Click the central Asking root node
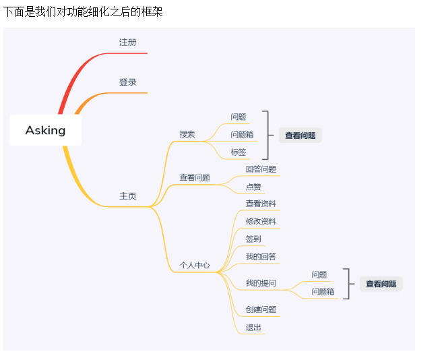coord(45,130)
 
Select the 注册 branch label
coord(127,42)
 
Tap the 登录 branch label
coord(127,82)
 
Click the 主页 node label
coord(127,196)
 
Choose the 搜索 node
coord(187,134)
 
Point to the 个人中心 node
coord(194,265)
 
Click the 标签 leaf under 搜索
coord(239,152)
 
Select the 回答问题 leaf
coord(261,169)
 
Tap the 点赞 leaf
coord(253,187)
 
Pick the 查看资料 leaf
coord(261,204)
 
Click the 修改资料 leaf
coord(261,221)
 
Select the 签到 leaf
coord(253,239)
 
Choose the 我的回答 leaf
coord(261,257)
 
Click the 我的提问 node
coord(261,282)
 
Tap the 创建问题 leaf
coord(261,309)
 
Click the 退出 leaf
coord(253,328)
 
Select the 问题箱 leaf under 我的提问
coord(323,292)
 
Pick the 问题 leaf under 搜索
coord(239,117)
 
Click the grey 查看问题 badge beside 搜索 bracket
coord(300,136)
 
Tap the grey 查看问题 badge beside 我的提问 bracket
coord(381,284)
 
